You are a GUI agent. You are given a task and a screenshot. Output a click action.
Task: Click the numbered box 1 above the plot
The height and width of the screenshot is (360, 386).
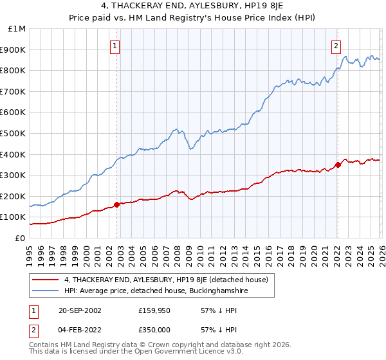(x=115, y=46)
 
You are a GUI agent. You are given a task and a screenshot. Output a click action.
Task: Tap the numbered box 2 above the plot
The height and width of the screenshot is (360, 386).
(x=336, y=46)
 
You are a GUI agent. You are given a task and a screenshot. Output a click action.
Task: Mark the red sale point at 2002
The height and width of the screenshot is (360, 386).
(x=116, y=205)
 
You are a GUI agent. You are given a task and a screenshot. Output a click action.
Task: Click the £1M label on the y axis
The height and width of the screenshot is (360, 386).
(x=17, y=29)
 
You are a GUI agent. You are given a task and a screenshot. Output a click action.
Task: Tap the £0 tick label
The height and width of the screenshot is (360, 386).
(x=20, y=238)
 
